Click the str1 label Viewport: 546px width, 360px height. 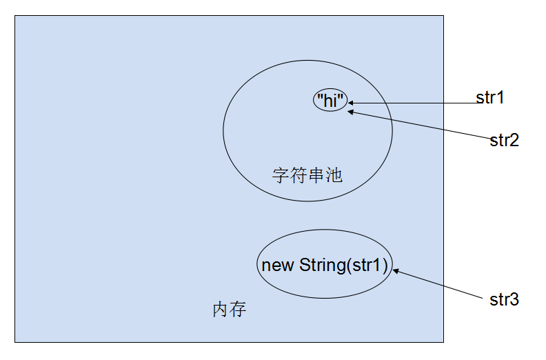click(490, 98)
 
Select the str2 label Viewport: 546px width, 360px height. click(504, 141)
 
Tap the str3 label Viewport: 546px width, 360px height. click(504, 300)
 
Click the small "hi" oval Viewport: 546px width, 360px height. click(330, 100)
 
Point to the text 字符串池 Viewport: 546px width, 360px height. click(307, 175)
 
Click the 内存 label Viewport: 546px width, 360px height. click(229, 310)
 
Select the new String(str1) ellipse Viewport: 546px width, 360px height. click(325, 264)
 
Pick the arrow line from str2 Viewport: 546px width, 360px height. click(421, 124)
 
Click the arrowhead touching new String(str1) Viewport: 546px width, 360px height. click(396, 271)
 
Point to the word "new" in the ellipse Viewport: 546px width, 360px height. click(278, 265)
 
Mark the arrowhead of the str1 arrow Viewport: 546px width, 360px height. click(352, 103)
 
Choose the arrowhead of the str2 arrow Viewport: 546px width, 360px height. click(351, 111)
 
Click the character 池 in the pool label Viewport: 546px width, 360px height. click(334, 175)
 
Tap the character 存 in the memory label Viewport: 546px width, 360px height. click(238, 310)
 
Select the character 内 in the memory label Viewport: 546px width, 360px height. click(220, 310)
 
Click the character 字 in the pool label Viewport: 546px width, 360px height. click(281, 175)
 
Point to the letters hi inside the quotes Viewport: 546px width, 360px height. click(330, 100)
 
